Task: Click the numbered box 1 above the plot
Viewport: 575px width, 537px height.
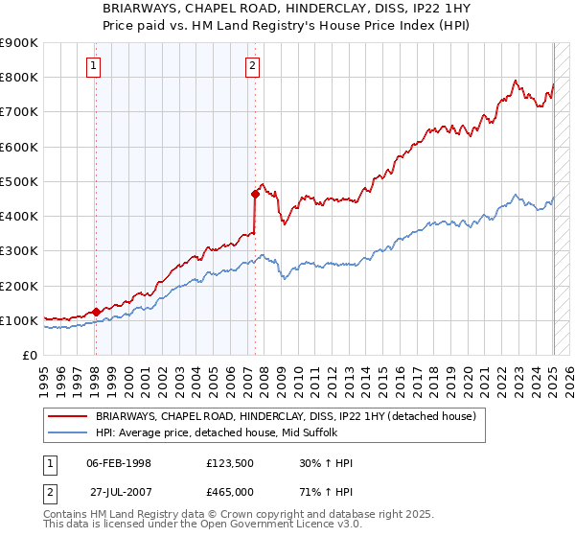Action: [94, 66]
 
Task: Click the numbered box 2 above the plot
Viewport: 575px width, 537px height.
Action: [251, 66]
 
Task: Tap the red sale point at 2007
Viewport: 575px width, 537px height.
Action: [256, 194]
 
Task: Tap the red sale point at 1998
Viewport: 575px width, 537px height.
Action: [96, 312]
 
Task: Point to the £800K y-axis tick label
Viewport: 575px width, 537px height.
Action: [18, 78]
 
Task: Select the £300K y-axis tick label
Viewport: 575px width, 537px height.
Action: [18, 251]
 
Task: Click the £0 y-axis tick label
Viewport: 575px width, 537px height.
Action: [28, 356]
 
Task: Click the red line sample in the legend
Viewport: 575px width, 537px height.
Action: [68, 415]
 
